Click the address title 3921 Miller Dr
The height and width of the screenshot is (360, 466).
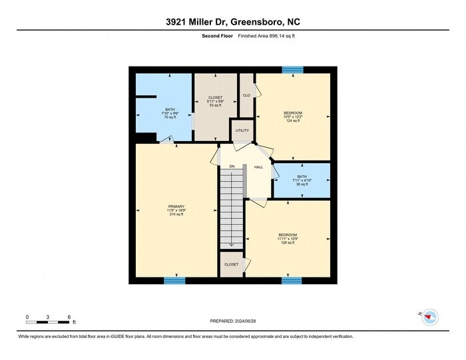232,21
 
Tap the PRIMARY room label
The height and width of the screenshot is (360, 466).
176,206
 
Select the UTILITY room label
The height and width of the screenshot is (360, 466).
242,130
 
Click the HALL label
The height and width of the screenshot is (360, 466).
258,166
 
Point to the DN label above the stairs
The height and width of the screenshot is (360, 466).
232,166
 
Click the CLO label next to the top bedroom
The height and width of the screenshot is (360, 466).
246,95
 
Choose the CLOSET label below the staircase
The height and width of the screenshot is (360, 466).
231,264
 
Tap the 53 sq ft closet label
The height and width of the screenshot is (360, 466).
216,105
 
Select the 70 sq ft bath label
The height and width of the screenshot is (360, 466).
170,117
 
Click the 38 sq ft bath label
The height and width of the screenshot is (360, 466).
302,184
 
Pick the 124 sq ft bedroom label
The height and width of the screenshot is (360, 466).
293,120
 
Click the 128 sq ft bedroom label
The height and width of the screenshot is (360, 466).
288,243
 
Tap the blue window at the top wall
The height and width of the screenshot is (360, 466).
292,69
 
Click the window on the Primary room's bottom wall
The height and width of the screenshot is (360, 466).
174,281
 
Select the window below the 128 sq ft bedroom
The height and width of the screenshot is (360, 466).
292,281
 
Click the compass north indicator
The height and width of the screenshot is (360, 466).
429,315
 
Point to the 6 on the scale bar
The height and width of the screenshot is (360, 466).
69,317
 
